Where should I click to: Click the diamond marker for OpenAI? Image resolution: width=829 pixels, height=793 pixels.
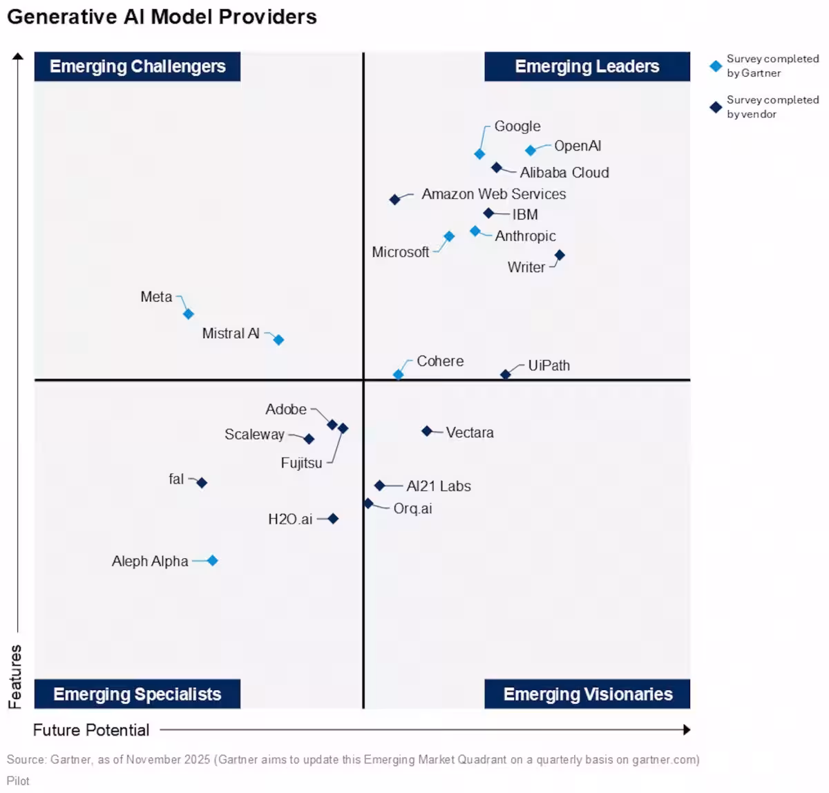[531, 151]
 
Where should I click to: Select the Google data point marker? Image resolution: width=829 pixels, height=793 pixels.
[479, 154]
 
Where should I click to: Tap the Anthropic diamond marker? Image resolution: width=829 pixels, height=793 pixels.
[475, 231]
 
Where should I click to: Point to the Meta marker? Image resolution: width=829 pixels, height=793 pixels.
[189, 314]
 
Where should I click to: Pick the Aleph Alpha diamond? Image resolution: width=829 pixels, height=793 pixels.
[213, 561]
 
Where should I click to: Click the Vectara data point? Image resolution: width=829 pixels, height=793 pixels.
[427, 431]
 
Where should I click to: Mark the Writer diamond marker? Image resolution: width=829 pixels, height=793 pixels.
[560, 256]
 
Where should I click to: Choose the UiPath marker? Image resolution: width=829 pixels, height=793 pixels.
[506, 374]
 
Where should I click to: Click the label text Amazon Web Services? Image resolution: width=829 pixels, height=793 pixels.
[493, 194]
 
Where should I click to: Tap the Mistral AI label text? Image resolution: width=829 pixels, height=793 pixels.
[231, 334]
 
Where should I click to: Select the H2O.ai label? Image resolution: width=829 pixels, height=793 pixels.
[290, 519]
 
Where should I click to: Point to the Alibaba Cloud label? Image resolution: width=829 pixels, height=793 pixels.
[564, 173]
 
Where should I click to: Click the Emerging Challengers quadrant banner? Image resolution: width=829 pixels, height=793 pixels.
[137, 66]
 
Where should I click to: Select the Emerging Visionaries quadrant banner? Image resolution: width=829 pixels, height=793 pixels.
[587, 694]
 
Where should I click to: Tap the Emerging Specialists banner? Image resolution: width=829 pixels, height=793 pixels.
[137, 694]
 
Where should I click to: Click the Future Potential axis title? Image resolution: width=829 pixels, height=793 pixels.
[91, 730]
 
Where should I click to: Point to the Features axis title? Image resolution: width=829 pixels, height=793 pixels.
[15, 677]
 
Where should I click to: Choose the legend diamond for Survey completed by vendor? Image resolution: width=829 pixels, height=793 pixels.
[716, 107]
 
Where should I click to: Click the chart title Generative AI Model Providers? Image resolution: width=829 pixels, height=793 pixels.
[162, 17]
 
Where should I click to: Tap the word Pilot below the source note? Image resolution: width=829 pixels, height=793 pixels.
[19, 781]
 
